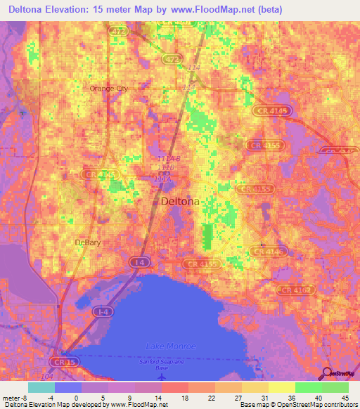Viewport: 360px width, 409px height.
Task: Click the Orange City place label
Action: pos(109,89)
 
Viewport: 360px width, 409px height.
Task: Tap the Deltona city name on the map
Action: pos(180,202)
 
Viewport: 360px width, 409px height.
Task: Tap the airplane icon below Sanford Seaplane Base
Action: pos(164,375)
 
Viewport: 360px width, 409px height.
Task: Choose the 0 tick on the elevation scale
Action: pos(75,398)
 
